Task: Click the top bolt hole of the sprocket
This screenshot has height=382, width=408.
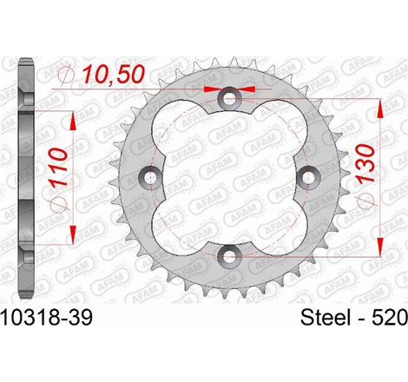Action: point(229,100)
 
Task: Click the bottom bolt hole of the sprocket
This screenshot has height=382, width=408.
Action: point(229,254)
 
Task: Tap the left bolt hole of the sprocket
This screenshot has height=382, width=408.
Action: point(153,178)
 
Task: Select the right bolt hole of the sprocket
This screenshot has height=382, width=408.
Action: point(306,177)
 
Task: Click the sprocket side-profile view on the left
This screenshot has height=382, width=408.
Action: point(28,178)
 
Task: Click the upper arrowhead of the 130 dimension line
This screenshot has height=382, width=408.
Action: point(379,106)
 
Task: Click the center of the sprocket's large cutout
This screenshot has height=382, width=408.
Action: point(229,177)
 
